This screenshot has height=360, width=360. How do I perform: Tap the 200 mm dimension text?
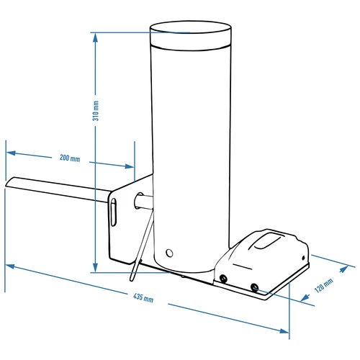[x=70, y=158]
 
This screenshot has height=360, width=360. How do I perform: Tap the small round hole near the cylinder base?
[x=170, y=253]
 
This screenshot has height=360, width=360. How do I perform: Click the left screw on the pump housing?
[x=224, y=278]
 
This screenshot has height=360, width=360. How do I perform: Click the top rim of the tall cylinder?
[x=190, y=30]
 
